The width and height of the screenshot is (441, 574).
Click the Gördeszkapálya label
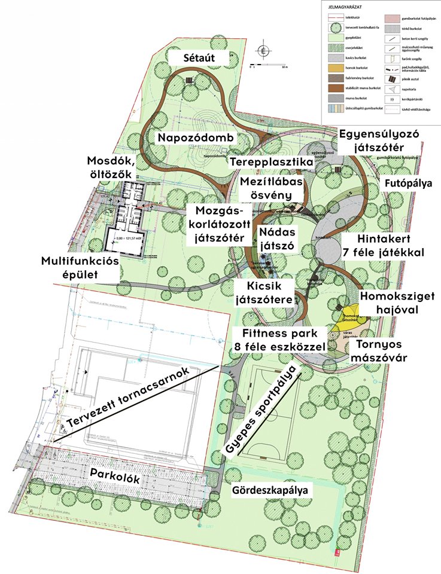272,490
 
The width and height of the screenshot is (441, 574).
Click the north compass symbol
261,50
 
